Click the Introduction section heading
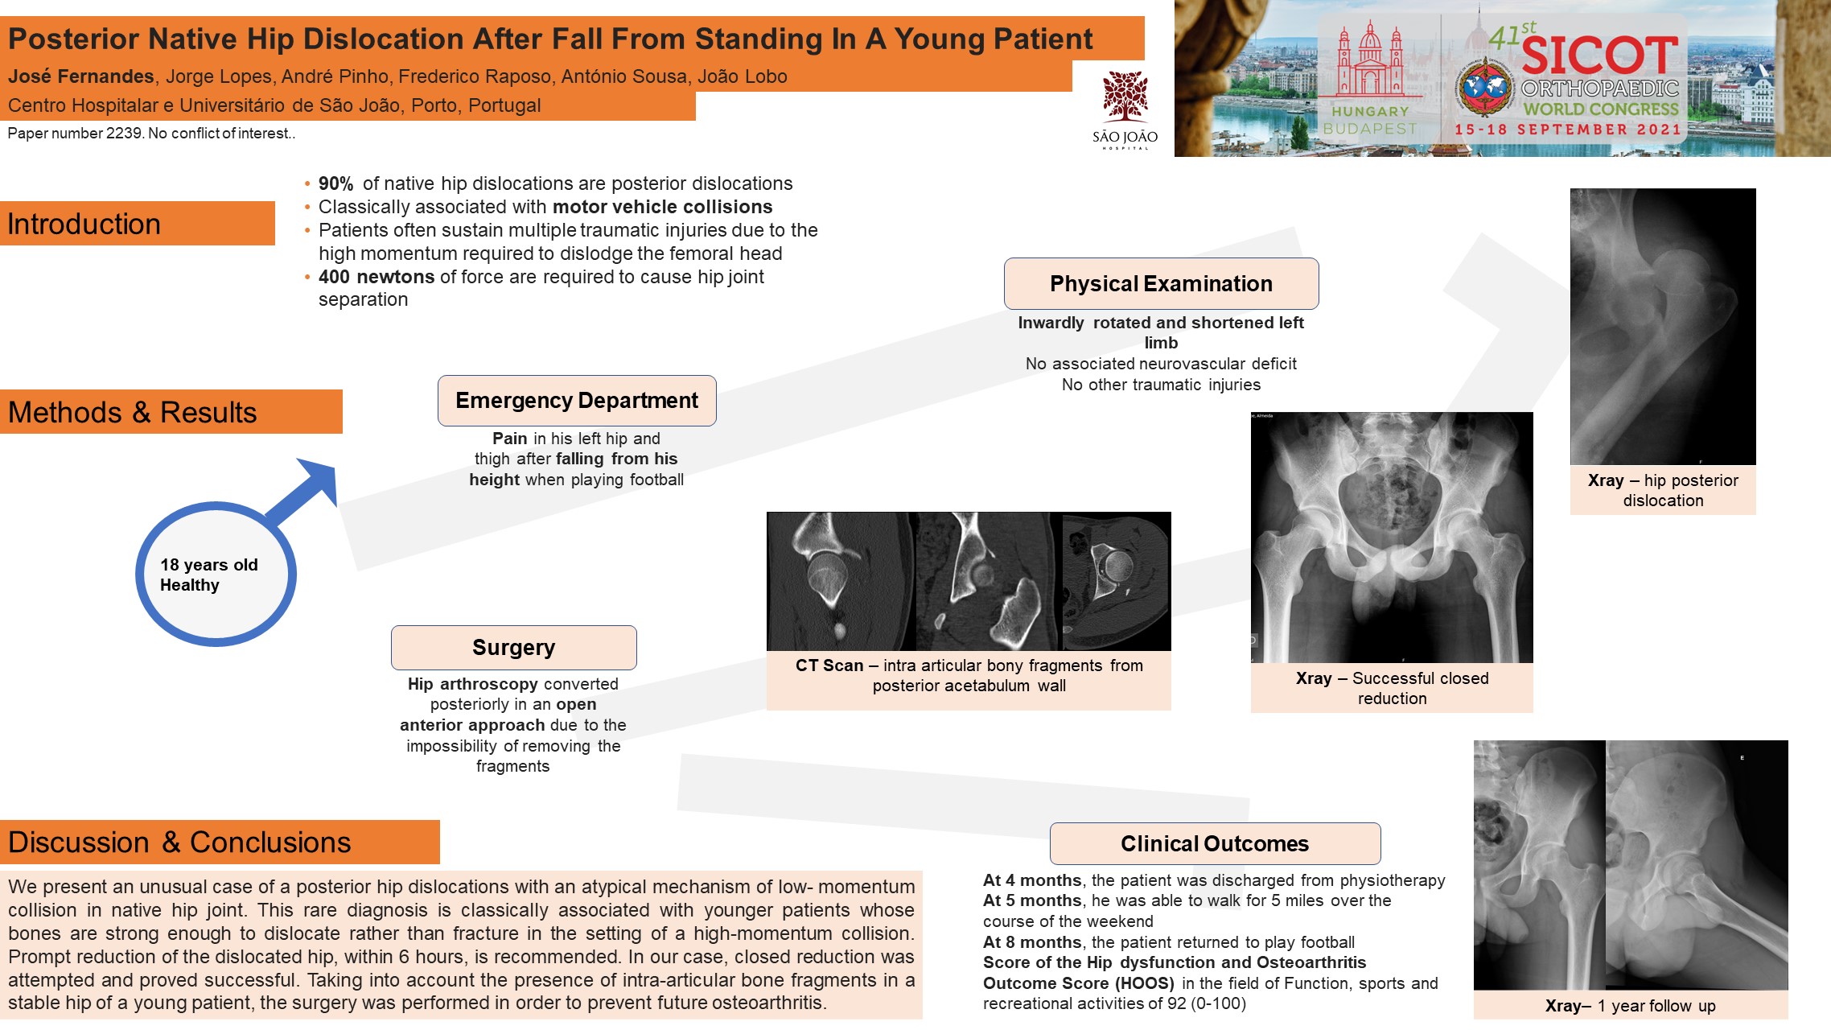coord(84,224)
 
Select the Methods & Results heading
coord(133,412)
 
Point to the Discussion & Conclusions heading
coord(179,842)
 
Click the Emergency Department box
coord(577,401)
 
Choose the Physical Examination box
coord(1161,283)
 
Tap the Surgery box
coord(514,648)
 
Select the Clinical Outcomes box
coord(1215,843)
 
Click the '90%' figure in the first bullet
coord(335,183)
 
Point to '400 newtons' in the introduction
coord(376,277)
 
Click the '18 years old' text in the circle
coord(209,565)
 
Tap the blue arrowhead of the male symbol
coord(317,481)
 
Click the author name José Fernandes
coord(81,76)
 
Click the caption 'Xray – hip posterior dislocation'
coord(1663,490)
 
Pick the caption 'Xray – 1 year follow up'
coord(1631,1006)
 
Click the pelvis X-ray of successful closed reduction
coord(1392,538)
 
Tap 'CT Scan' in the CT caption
coord(829,665)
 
